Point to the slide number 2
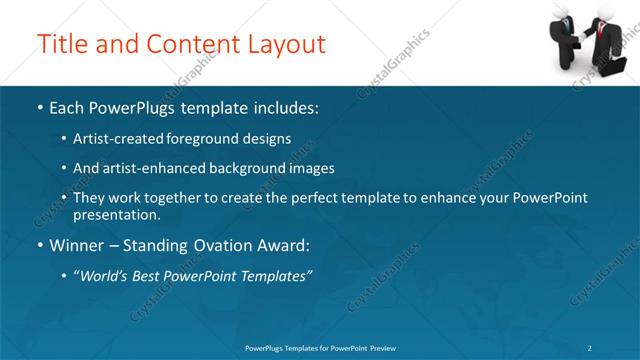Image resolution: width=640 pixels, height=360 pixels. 589,348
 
